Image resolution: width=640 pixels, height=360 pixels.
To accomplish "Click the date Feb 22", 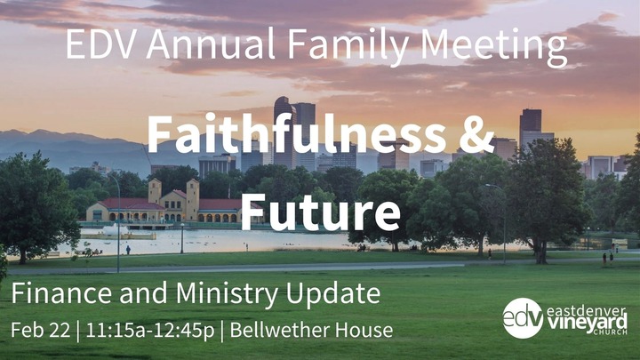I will click(x=39, y=331).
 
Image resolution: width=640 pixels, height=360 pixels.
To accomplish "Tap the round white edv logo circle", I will click(x=523, y=318).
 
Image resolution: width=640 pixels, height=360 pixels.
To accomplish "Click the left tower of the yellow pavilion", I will click(x=156, y=190).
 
